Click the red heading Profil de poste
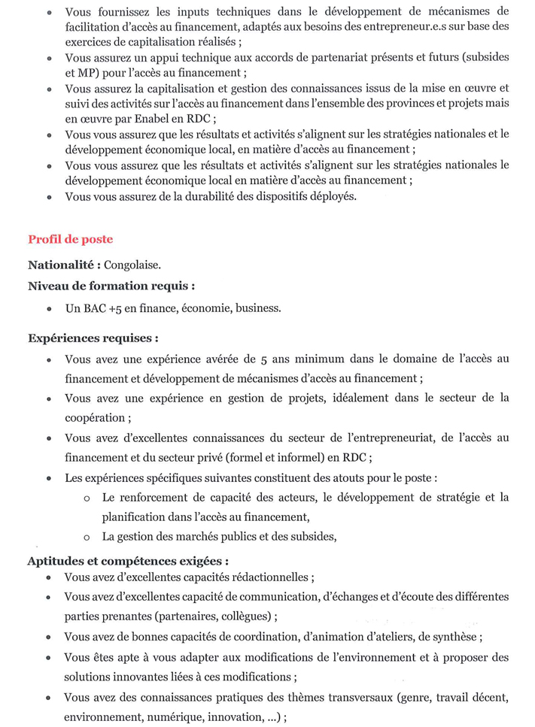click(70, 239)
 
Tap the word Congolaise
click(132, 265)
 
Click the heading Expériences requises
click(93, 338)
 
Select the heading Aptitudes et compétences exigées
click(128, 561)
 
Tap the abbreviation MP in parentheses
click(74, 73)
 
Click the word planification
click(132, 516)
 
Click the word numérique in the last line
click(164, 716)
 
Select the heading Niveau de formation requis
click(111, 286)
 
